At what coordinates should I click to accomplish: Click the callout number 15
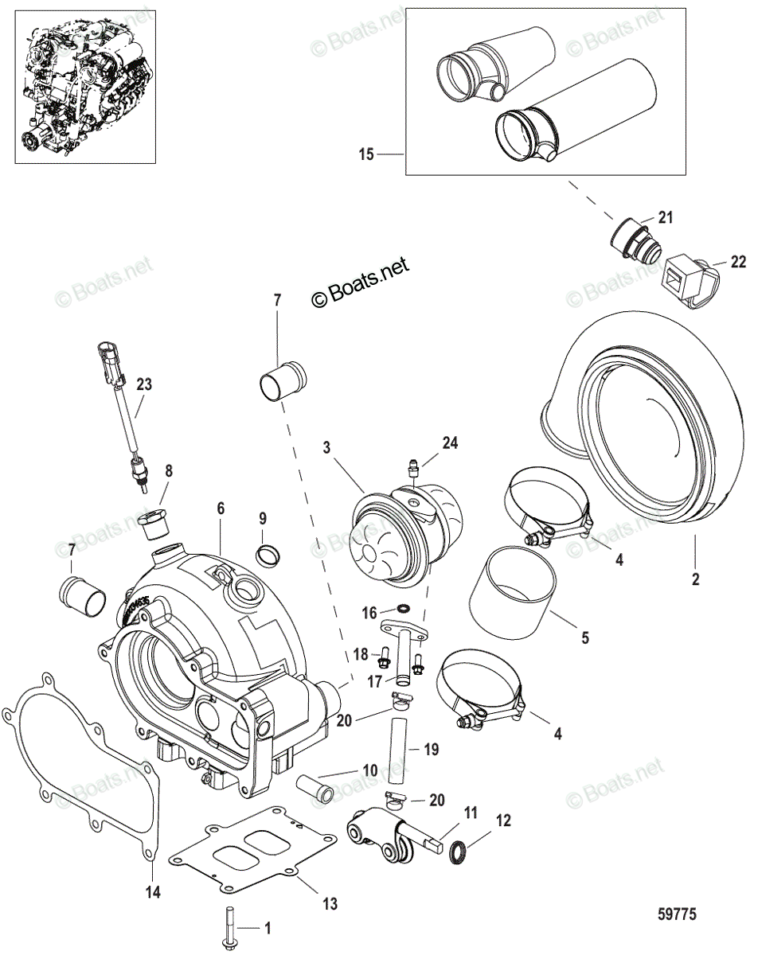click(x=366, y=154)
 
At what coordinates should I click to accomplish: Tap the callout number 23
click(x=144, y=384)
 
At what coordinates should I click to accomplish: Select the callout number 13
click(x=330, y=904)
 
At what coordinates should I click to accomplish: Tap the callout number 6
click(x=221, y=506)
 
